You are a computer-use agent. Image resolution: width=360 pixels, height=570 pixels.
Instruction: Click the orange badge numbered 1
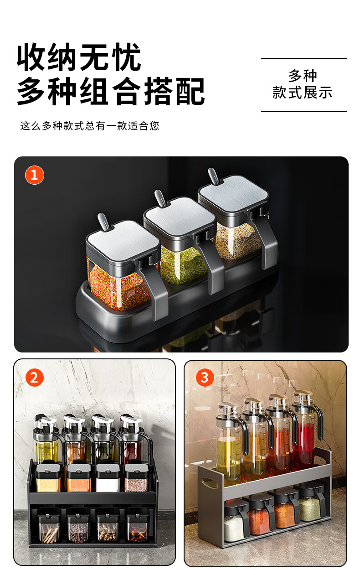click(x=35, y=175)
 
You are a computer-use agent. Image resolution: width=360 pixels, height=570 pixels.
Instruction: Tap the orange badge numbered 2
click(x=35, y=378)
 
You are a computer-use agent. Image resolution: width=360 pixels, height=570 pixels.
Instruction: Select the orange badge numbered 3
click(x=205, y=378)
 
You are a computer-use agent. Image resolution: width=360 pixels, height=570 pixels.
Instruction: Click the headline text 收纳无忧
click(x=79, y=57)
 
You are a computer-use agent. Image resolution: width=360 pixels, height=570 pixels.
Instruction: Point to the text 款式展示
click(x=302, y=92)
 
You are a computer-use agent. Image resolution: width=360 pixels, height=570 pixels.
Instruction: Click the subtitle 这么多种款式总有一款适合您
click(x=90, y=126)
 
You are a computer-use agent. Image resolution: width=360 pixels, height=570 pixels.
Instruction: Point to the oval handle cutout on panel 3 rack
click(x=210, y=483)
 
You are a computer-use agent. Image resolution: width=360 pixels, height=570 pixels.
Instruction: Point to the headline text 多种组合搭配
click(x=111, y=91)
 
